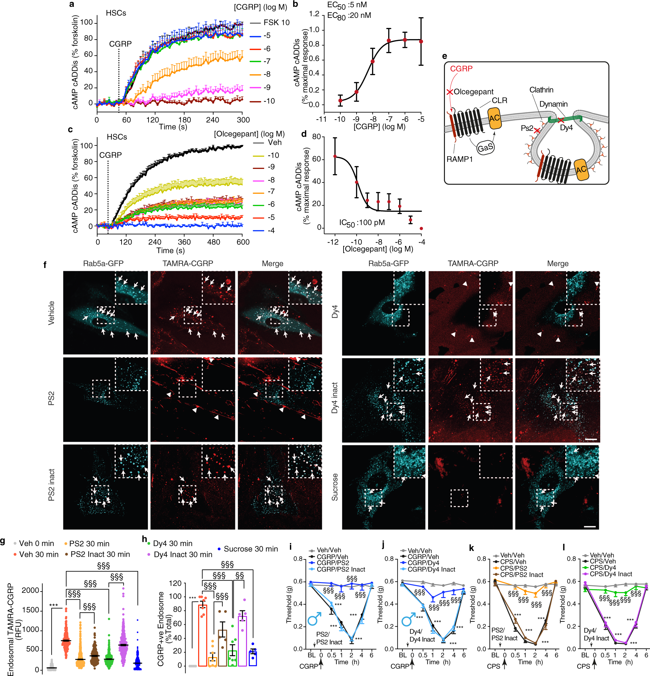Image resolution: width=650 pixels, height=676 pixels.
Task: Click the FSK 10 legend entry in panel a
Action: [x=276, y=23]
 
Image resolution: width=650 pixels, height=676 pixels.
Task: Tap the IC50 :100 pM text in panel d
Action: [x=362, y=223]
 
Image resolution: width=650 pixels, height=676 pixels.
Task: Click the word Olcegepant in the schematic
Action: [x=473, y=92]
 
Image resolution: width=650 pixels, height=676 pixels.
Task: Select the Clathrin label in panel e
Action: [x=541, y=90]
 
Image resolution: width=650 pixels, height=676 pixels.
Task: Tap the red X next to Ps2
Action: [x=537, y=131]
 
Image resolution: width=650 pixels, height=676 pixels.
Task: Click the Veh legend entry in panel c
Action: [x=275, y=142]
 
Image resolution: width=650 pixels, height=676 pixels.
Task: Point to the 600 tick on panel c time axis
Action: [x=243, y=242]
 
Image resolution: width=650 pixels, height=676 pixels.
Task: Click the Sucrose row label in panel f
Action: [x=334, y=487]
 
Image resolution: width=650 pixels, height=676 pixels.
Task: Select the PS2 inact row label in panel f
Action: [x=51, y=485]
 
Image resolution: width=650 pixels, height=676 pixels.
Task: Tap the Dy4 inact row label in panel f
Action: [x=334, y=398]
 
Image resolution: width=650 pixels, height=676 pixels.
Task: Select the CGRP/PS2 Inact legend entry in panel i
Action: [x=341, y=569]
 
